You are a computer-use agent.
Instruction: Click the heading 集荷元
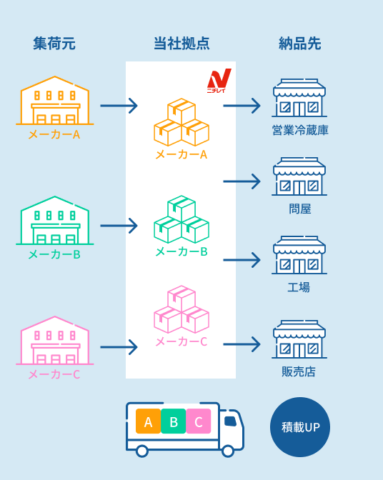(x=54, y=43)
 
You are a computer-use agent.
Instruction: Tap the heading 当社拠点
(x=181, y=43)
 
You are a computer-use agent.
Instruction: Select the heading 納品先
(x=299, y=43)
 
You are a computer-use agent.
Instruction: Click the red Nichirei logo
(x=219, y=81)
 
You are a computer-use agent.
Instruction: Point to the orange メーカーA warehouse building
(x=55, y=101)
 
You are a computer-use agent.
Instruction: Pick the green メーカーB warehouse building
(x=55, y=221)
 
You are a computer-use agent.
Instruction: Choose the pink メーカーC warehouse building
(x=55, y=341)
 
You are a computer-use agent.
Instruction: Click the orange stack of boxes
(x=181, y=122)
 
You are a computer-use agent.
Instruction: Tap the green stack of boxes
(x=181, y=219)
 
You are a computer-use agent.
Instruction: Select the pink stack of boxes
(x=181, y=309)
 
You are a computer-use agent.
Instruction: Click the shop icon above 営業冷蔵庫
(x=299, y=98)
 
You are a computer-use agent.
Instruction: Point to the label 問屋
(x=299, y=209)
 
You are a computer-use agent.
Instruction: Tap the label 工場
(x=299, y=287)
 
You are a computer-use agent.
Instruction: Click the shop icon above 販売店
(x=299, y=339)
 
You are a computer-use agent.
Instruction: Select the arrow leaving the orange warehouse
(x=119, y=106)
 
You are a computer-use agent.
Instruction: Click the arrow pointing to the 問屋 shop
(x=242, y=181)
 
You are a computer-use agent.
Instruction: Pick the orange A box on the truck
(x=148, y=421)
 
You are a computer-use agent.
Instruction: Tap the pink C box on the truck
(x=199, y=421)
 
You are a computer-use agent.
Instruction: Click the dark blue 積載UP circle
(x=300, y=427)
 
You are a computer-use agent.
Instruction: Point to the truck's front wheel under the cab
(x=228, y=451)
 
